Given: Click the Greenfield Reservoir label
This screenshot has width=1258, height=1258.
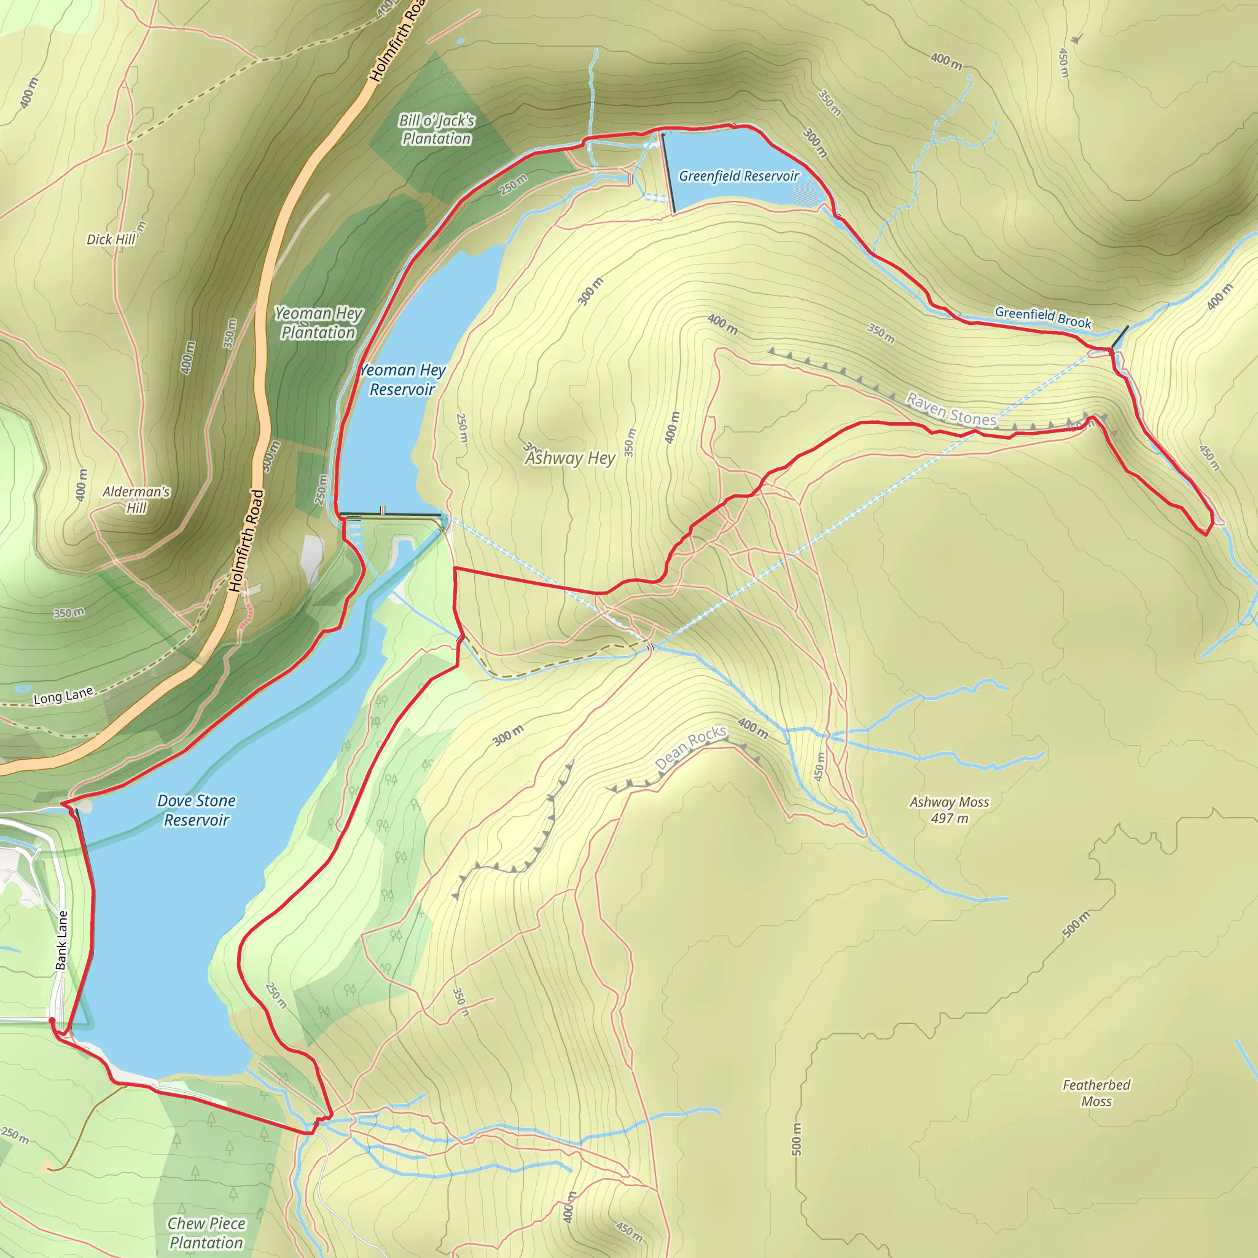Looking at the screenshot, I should point(738,176).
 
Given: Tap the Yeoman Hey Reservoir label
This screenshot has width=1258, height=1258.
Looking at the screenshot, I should point(402,380).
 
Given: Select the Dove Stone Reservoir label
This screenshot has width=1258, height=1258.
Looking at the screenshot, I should point(197,810).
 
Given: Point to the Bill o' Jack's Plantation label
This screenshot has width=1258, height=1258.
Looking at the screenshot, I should point(436,129).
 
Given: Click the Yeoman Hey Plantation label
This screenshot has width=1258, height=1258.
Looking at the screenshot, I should point(318,323).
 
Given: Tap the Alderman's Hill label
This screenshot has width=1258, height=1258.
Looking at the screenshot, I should point(136,499).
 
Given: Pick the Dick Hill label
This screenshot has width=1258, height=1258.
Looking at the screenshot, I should point(111,240).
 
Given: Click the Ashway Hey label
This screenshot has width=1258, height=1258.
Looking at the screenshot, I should point(571,458).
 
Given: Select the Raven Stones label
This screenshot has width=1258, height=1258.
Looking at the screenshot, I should point(951,410).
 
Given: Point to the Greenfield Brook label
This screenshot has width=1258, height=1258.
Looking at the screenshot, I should point(1042,317).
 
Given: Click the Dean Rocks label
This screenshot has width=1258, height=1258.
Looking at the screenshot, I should point(690,747).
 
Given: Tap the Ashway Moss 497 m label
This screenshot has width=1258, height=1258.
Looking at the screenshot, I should point(950,810).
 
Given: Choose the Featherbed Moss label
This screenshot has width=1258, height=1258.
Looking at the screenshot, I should point(1096,1093).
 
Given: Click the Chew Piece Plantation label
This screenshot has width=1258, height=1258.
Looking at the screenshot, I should point(206,1233).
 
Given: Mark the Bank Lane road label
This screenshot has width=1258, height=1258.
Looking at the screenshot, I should point(62,940).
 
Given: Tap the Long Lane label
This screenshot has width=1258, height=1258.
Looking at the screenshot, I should point(63,696).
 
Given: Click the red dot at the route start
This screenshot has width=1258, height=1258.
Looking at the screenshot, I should point(52,1020).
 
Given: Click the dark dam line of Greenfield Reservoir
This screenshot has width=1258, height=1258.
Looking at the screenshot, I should point(669,173).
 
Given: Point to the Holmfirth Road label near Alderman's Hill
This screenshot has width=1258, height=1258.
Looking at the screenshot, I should point(247,541).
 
